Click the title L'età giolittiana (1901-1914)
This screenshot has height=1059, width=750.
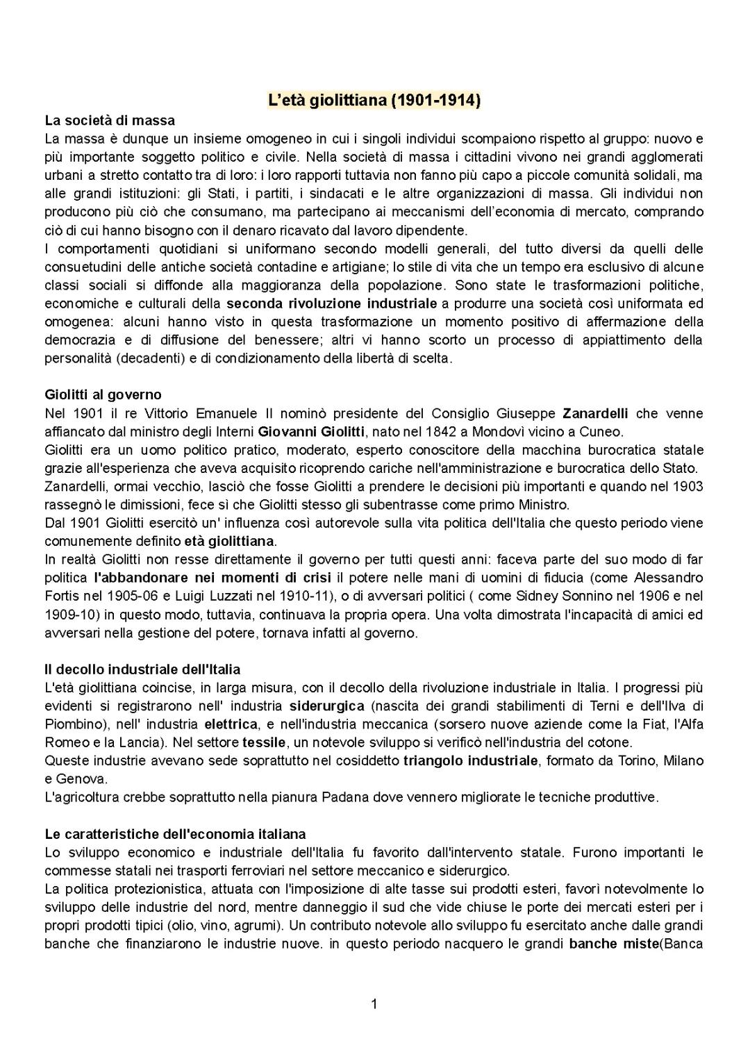click(374, 100)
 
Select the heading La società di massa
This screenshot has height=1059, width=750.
click(110, 120)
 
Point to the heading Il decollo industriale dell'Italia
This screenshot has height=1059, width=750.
click(142, 669)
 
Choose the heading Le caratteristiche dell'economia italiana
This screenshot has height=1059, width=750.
click(175, 833)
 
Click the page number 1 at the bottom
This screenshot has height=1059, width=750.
click(374, 1003)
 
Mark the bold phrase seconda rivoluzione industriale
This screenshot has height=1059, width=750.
click(332, 303)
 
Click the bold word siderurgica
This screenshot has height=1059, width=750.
click(327, 706)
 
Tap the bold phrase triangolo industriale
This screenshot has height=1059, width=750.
click(470, 760)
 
